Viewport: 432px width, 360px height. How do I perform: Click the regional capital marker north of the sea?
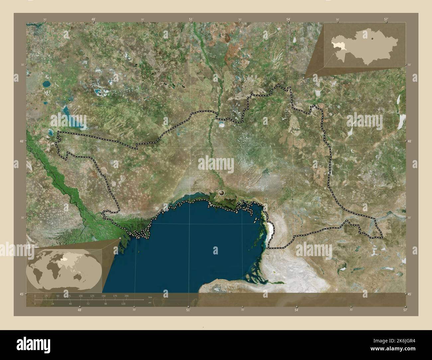pos(222,192)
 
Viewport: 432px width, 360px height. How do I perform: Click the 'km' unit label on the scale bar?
pos(150,297)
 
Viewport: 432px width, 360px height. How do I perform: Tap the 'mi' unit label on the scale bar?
pos(150,303)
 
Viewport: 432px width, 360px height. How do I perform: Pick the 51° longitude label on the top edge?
pos(191,20)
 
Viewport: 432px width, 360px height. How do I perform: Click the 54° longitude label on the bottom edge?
pos(296,310)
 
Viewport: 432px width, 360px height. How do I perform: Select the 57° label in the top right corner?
pos(386,20)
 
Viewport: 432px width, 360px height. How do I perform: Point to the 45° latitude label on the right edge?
pos(409,294)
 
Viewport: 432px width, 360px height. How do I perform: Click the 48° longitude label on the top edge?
pos(94,20)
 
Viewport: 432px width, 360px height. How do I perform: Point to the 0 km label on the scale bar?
pos(35,296)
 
